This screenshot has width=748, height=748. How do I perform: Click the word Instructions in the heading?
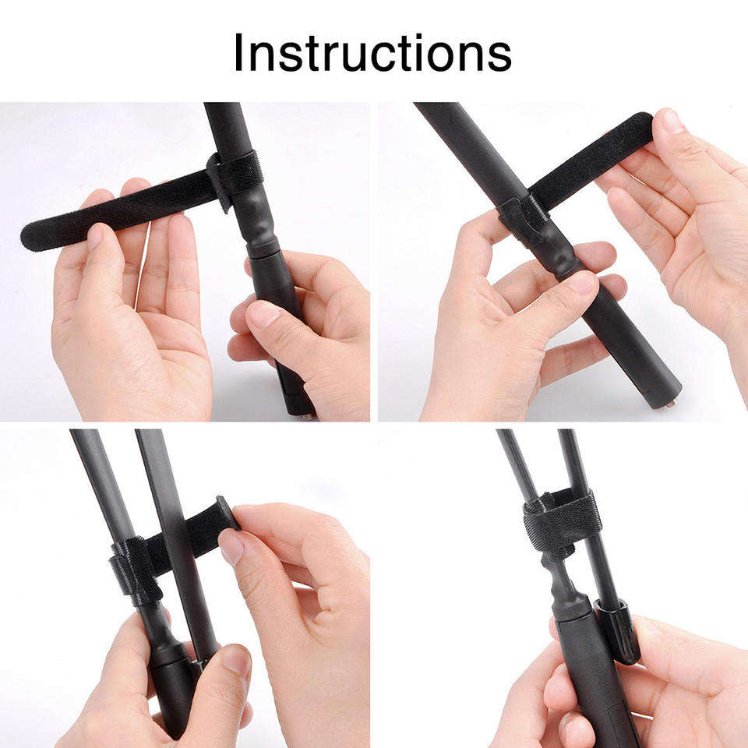coord(372,52)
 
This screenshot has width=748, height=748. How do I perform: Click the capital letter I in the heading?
coord(238,52)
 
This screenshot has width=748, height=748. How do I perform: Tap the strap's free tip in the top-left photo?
coord(29,237)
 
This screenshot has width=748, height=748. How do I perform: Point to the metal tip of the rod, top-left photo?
coord(308,416)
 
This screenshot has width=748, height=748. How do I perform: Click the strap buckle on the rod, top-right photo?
coord(523,221)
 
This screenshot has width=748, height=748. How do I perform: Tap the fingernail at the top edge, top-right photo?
coord(672,122)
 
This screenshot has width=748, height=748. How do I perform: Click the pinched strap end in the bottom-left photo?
coord(226,513)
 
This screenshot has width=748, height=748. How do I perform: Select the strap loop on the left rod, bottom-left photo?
coord(135,570)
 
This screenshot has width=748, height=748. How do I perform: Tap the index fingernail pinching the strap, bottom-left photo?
coord(231,545)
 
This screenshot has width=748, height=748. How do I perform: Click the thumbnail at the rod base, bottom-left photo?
coord(236,660)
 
